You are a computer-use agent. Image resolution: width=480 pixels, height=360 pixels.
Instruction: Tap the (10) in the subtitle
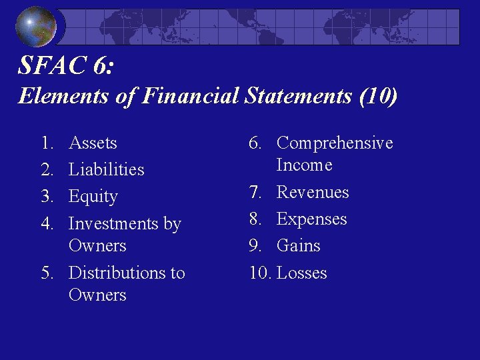pos(378,96)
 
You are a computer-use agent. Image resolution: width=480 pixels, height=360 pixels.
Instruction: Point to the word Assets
pos(93,143)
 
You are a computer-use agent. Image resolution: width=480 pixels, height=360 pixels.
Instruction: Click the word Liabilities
pos(106,169)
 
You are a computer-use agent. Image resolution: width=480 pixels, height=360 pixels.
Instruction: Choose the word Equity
pos(93,197)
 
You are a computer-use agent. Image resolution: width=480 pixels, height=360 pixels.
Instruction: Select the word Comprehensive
pos(335,143)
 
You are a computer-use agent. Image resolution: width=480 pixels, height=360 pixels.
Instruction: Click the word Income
pos(304,165)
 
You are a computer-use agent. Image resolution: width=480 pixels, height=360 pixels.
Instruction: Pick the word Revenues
pos(313,192)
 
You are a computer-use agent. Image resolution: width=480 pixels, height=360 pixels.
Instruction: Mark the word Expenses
pos(312,219)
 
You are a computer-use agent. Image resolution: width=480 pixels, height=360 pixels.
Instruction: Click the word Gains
pos(299,245)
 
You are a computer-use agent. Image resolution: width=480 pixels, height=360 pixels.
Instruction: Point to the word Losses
pos(302,273)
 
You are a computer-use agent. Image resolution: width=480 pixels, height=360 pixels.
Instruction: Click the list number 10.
pos(259,273)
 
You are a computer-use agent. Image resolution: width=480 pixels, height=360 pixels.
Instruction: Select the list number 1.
pos(46,143)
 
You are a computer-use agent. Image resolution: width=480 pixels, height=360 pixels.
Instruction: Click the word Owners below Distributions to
pos(97,295)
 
